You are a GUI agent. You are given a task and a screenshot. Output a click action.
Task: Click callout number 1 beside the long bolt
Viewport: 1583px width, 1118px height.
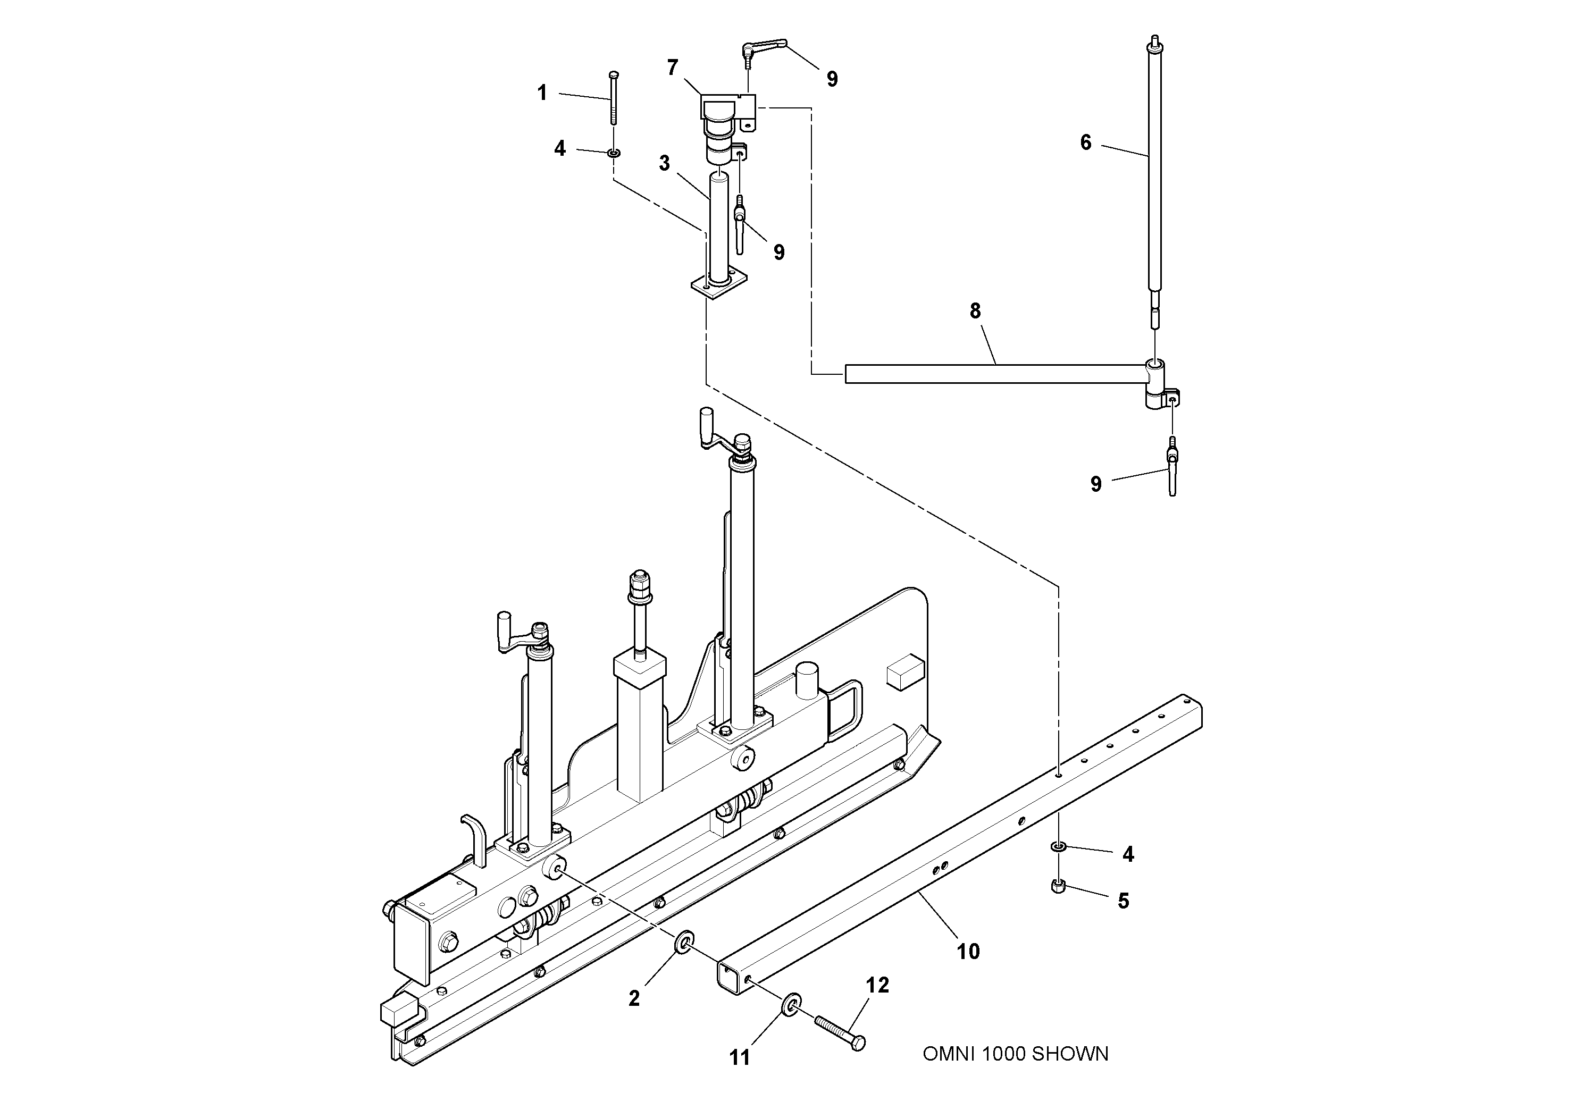542,93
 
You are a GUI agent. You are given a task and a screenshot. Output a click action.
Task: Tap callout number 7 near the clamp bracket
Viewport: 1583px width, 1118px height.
672,68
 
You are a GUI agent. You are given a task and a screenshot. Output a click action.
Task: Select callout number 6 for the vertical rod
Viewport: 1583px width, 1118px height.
1086,142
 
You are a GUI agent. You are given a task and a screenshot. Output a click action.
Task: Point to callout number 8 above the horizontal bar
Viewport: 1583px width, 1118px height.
975,312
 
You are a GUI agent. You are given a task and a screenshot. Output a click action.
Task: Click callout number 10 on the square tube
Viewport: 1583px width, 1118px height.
968,952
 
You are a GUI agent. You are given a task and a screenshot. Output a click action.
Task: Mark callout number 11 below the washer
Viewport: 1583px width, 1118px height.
739,1057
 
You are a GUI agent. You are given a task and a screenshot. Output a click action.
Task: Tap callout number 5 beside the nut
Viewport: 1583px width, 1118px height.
1123,901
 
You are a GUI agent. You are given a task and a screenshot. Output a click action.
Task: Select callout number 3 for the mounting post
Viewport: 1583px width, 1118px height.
664,163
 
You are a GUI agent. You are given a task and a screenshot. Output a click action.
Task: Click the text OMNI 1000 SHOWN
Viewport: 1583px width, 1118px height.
1015,1054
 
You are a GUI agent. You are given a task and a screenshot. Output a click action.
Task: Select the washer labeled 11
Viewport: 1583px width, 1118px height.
791,1005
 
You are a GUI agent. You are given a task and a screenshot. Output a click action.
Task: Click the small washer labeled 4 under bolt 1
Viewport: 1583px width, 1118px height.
614,152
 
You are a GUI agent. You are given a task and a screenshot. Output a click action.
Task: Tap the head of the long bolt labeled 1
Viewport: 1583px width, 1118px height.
614,74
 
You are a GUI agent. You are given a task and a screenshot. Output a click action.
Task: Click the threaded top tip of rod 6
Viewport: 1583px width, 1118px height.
1155,40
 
